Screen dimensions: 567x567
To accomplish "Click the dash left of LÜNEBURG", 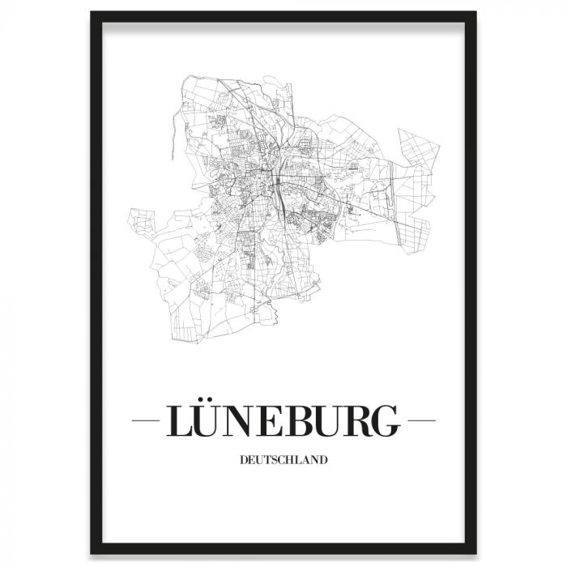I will (146, 421).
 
